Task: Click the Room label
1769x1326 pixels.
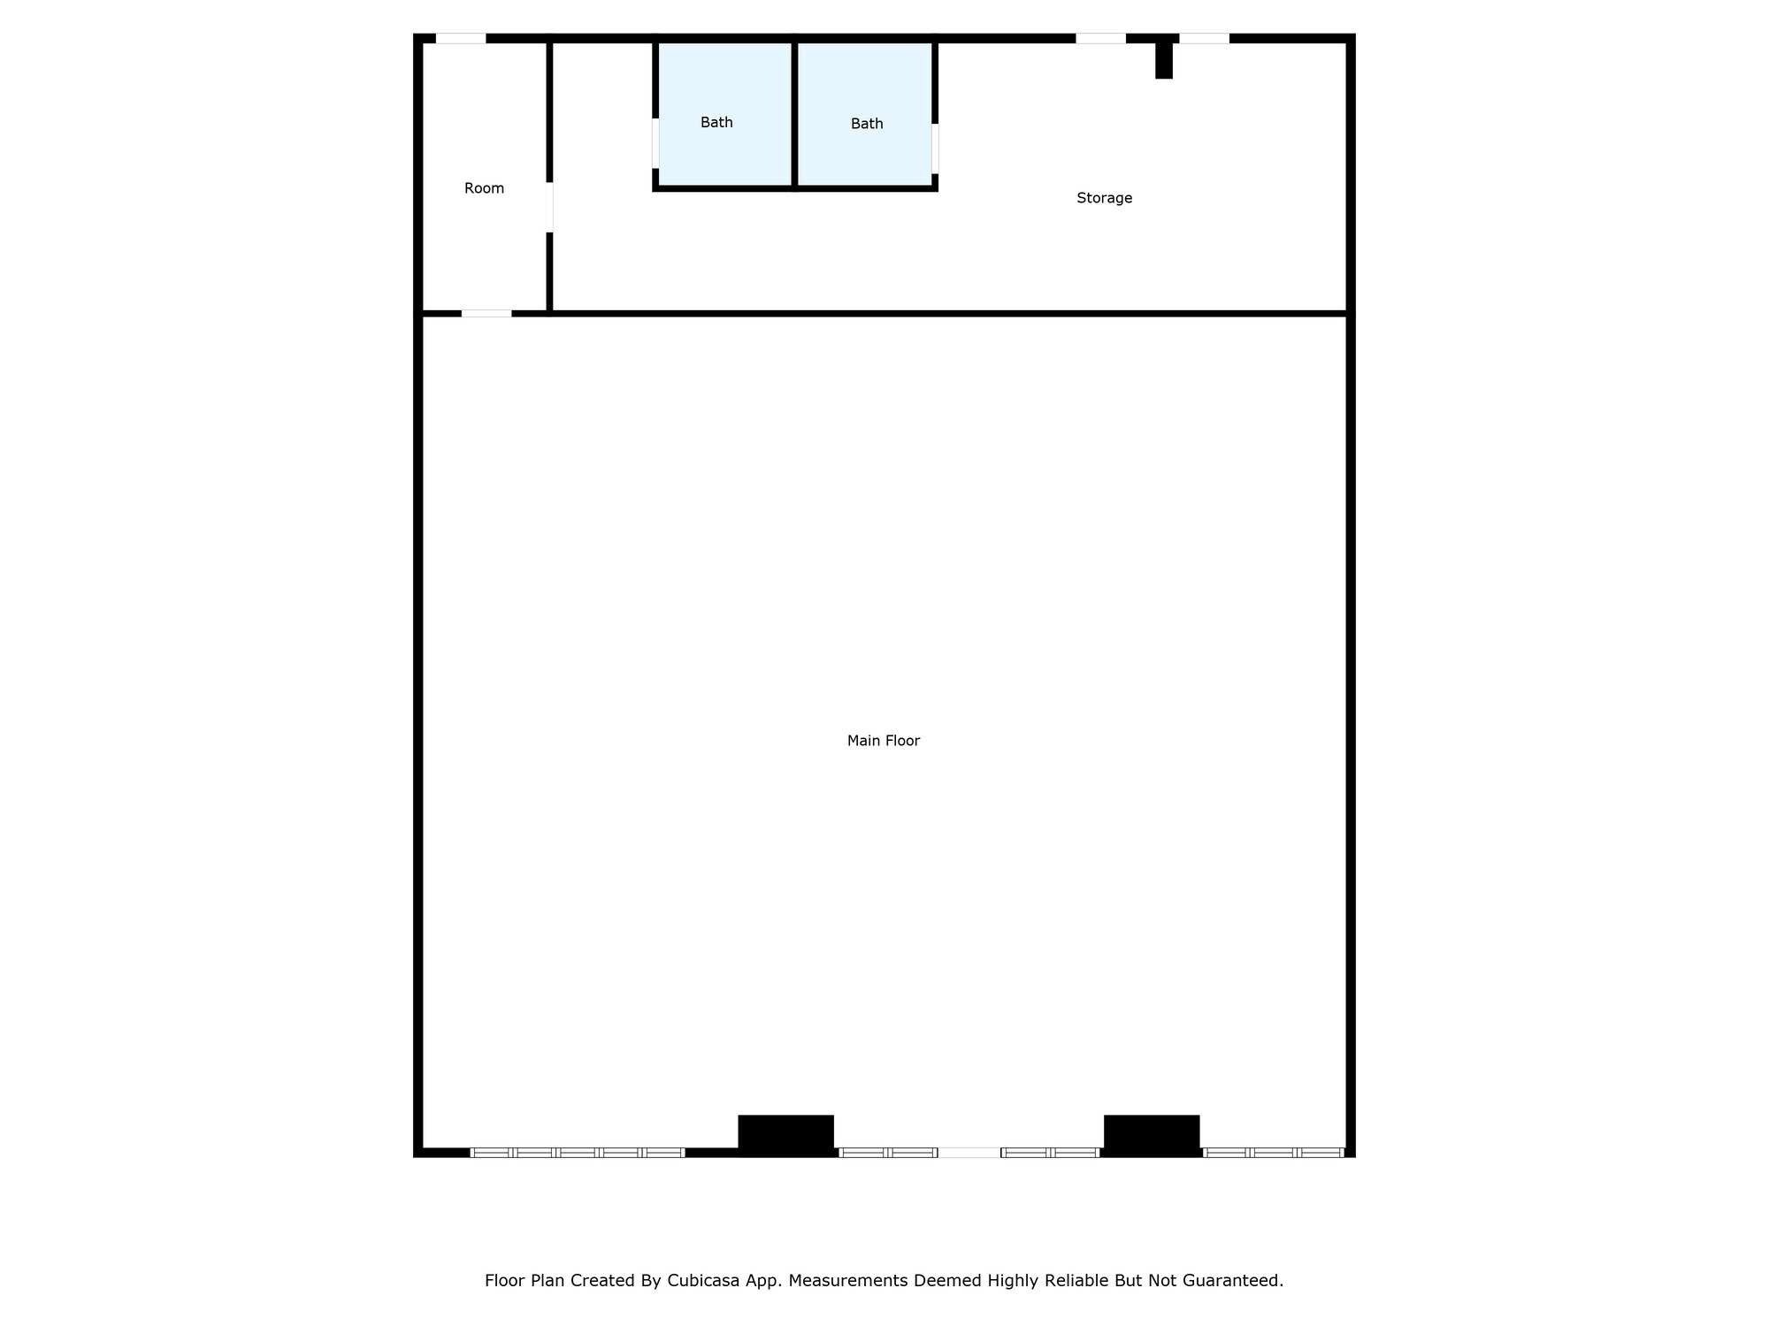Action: tap(484, 188)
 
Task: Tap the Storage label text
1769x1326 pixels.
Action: tap(1104, 198)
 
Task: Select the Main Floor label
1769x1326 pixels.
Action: tap(883, 741)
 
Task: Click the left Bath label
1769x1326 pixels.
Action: tap(716, 122)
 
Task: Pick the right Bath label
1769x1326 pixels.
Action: tap(867, 124)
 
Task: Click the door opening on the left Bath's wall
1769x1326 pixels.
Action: tap(655, 143)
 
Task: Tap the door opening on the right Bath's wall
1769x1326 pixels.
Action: tap(935, 149)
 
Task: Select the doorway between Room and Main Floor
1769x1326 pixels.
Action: tap(486, 313)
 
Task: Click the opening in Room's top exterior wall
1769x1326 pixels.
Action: tap(461, 38)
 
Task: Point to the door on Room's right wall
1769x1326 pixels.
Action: tap(549, 207)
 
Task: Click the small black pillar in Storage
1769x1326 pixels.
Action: tap(1164, 60)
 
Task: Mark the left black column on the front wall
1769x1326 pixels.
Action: tap(785, 1134)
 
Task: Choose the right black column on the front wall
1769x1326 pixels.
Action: tap(1152, 1134)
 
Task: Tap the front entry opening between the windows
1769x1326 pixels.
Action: tap(969, 1152)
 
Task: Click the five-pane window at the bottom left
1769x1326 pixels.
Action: tap(578, 1152)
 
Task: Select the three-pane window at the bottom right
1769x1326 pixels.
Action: tap(1274, 1152)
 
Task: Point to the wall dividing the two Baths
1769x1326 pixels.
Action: tap(795, 113)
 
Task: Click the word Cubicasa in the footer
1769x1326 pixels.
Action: tap(703, 1280)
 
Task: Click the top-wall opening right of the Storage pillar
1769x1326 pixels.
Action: tap(1204, 38)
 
